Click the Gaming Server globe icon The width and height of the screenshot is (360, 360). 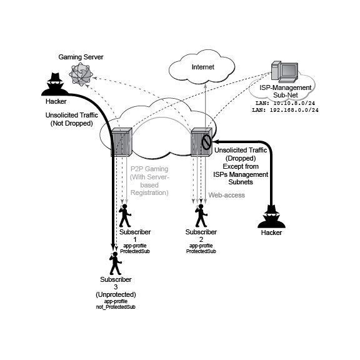tap(81, 75)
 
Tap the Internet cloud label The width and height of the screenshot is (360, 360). tap(203, 67)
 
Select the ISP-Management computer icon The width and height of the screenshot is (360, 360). tap(285, 72)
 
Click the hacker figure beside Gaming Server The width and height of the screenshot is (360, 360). tap(55, 84)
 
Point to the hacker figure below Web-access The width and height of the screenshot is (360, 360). tap(271, 216)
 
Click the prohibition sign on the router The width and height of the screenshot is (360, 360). tap(206, 142)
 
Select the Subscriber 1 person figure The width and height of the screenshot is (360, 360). tap(125, 216)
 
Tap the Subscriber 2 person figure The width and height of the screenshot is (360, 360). tap(201, 216)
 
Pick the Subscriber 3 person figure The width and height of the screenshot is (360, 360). tap(115, 263)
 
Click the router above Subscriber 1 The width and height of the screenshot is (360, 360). tap(122, 142)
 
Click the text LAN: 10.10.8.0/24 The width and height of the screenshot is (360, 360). tap(285, 103)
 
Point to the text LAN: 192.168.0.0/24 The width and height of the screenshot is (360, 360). tap(285, 110)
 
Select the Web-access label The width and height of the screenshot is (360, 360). tap(227, 195)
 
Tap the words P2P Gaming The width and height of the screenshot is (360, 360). tap(149, 169)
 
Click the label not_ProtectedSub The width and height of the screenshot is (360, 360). tap(116, 307)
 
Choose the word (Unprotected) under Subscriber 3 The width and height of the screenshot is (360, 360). tap(116, 294)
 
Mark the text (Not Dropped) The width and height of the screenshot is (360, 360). tap(72, 123)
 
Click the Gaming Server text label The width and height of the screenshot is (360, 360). tap(81, 57)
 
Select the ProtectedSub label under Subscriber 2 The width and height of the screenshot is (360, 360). tap(201, 251)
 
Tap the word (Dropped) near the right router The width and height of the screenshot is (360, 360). tap(241, 158)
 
